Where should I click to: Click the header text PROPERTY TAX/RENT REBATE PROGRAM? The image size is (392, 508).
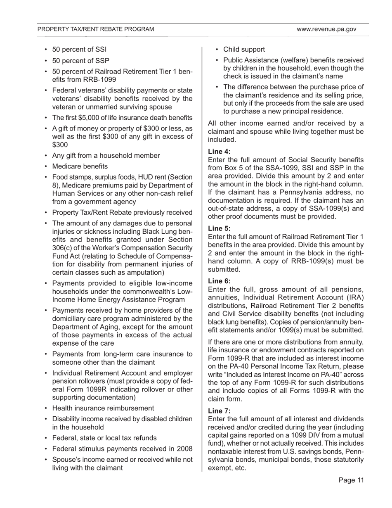(96, 29)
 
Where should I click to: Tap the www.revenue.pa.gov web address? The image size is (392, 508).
(326, 29)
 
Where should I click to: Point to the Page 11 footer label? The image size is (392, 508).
(351, 480)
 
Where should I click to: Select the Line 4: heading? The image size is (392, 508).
(220, 151)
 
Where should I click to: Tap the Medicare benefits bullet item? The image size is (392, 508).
(80, 166)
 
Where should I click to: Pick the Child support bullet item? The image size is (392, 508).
(244, 50)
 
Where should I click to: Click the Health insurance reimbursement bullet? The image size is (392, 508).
(103, 408)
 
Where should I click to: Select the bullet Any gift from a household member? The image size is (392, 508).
(106, 156)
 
